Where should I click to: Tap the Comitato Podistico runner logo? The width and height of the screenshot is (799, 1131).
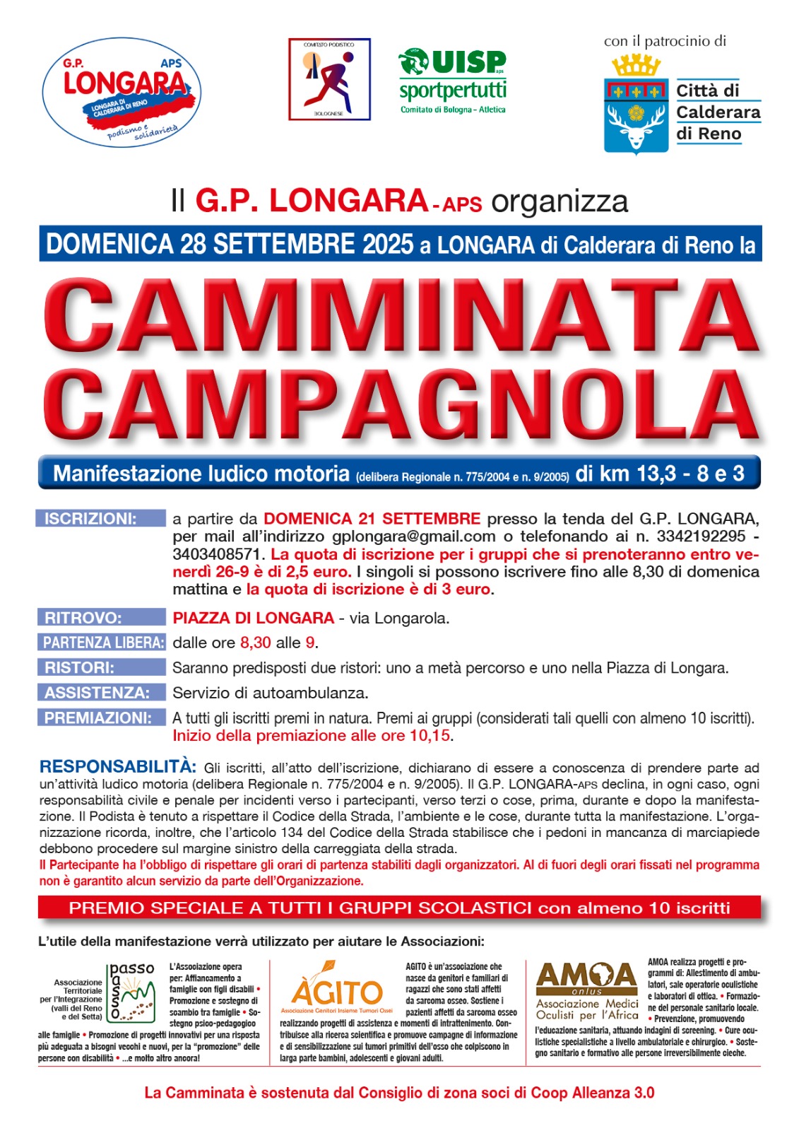point(329,79)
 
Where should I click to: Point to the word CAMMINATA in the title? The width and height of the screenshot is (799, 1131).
point(401,317)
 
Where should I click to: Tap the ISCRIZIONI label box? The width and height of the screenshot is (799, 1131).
point(100,519)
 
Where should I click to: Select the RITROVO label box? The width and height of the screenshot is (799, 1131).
point(100,618)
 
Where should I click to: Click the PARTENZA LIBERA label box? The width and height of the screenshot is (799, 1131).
point(100,643)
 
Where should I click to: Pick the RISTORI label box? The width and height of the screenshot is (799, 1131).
point(100,667)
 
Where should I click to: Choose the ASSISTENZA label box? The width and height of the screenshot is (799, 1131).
point(100,693)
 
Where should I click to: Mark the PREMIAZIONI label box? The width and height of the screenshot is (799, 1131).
point(100,717)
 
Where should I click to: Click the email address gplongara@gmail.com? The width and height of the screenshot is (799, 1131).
point(414,537)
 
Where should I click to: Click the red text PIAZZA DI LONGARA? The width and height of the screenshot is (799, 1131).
point(253,618)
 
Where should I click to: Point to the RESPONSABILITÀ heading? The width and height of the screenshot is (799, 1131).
point(118,767)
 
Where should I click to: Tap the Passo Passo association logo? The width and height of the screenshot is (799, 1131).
point(131,992)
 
